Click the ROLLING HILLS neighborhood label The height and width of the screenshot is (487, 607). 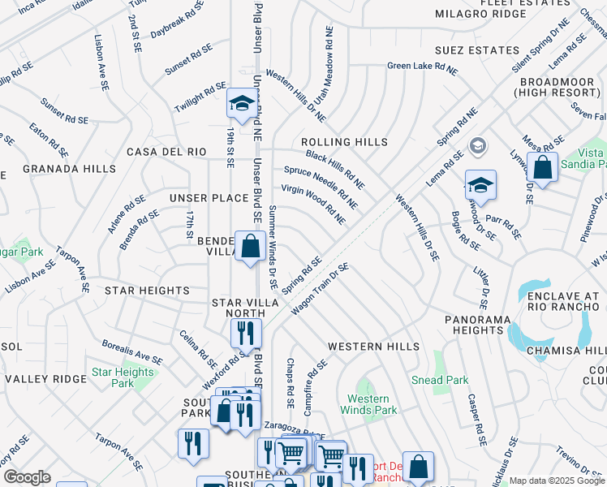[x=344, y=142]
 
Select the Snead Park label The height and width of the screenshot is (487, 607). [x=439, y=380]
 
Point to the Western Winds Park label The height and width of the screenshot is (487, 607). [x=372, y=404]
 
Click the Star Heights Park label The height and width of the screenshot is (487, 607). [x=123, y=377]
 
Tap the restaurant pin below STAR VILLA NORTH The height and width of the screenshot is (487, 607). [x=244, y=333]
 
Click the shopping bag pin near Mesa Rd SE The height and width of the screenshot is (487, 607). [x=543, y=168]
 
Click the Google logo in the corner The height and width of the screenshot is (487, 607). [x=27, y=477]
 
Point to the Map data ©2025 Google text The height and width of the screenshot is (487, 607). [x=557, y=481]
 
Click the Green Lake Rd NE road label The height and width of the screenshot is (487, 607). [x=422, y=68]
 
